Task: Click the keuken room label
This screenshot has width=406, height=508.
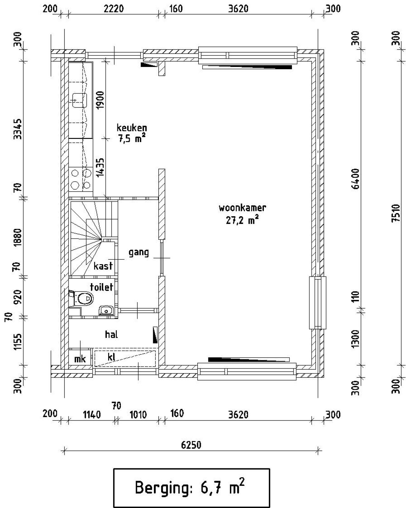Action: click(x=132, y=128)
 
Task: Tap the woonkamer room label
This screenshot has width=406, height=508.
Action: click(x=242, y=208)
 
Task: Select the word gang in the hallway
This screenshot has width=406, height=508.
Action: click(x=139, y=253)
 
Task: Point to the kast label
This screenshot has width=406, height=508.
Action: click(x=103, y=266)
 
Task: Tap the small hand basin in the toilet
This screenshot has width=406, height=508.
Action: click(x=106, y=311)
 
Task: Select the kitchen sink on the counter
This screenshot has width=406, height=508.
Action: click(x=80, y=101)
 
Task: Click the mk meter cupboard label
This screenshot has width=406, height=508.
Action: click(x=80, y=359)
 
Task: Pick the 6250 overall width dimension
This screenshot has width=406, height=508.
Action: click(x=191, y=445)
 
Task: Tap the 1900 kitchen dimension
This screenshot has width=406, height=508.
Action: click(x=100, y=100)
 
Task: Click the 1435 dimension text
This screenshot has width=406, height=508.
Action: click(x=100, y=167)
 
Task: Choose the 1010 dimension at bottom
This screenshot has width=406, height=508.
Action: click(x=138, y=414)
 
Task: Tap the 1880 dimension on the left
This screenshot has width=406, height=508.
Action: click(x=18, y=237)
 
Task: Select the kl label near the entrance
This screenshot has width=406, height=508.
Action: click(x=111, y=357)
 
